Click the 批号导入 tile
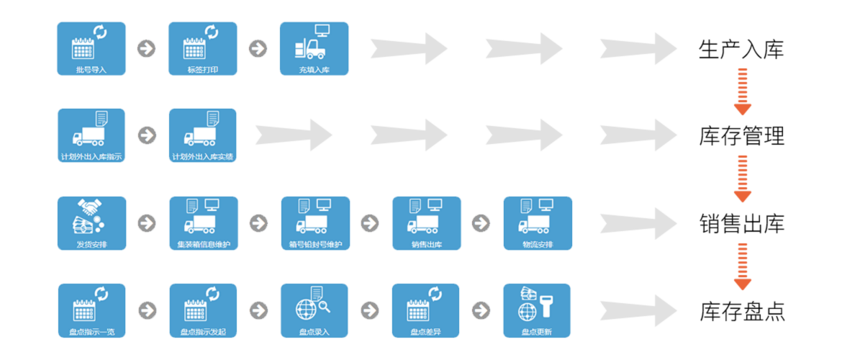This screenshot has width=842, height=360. point(91,48)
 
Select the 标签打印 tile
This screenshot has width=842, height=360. point(203,48)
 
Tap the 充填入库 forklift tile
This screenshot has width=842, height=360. point(314,48)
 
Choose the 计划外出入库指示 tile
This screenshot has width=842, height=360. point(91,135)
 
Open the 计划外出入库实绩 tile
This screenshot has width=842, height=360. point(203,135)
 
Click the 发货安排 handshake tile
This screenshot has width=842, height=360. point(91,223)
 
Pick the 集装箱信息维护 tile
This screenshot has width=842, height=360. point(203,223)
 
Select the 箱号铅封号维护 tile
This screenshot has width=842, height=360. point(314,223)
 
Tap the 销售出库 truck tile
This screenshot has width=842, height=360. point(426,223)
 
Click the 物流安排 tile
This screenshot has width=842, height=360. point(538,223)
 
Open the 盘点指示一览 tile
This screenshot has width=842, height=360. point(91,310)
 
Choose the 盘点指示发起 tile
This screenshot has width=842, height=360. point(203,310)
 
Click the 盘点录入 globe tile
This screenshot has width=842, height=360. point(314,310)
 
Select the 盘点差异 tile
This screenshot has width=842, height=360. point(425,310)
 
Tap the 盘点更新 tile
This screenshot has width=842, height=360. point(537,310)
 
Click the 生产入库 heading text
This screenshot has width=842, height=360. point(741,49)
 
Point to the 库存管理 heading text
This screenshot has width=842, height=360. point(741,136)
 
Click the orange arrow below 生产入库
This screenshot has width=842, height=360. point(743,91)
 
